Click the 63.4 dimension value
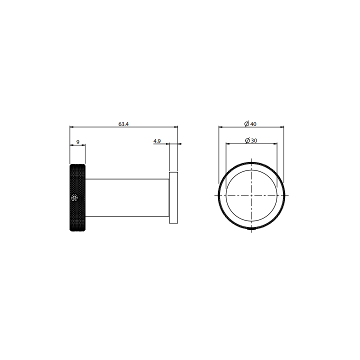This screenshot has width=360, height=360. pos(123,124)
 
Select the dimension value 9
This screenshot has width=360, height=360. pos(78,142)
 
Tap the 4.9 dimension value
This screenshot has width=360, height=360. pos(157,141)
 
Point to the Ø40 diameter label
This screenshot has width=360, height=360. pos(250,124)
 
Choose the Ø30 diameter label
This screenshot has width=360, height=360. pos(251,140)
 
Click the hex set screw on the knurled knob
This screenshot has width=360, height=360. pos(74,197)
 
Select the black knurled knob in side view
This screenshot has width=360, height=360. pos(77,197)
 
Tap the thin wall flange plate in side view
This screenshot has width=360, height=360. pos(173,197)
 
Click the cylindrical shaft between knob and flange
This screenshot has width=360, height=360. pos(127,197)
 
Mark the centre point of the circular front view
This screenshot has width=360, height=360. pos(251,195)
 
